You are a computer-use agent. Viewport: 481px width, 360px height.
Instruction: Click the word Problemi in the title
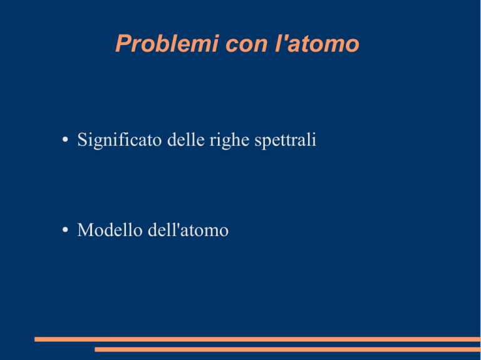pos(167,43)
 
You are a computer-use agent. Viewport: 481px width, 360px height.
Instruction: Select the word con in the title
pos(247,44)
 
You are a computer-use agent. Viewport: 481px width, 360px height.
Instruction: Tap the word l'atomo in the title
pos(317,43)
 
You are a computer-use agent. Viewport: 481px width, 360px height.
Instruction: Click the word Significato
pos(120,140)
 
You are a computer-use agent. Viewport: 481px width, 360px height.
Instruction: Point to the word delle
pos(186,140)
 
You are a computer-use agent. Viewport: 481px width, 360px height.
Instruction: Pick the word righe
pos(229,140)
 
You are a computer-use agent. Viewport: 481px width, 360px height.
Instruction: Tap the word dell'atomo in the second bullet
pos(188,230)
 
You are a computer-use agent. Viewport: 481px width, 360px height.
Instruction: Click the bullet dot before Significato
pos(65,140)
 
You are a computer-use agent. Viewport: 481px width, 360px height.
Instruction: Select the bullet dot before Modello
pos(65,230)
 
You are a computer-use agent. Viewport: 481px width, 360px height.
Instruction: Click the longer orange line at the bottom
pos(257,339)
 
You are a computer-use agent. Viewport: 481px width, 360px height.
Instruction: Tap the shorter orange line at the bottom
pos(287,349)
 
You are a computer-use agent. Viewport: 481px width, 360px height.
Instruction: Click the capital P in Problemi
pos(123,43)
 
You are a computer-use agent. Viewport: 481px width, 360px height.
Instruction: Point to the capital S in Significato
pos(82,140)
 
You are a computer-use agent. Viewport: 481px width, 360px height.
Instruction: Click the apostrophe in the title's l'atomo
pos(285,37)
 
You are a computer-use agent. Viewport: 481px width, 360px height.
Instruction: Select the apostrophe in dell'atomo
pos(178,225)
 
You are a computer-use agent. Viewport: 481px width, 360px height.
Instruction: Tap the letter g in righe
pos(224,143)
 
